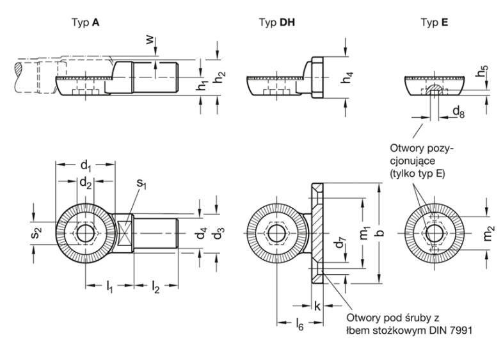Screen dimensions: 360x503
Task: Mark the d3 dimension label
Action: [220, 233]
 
